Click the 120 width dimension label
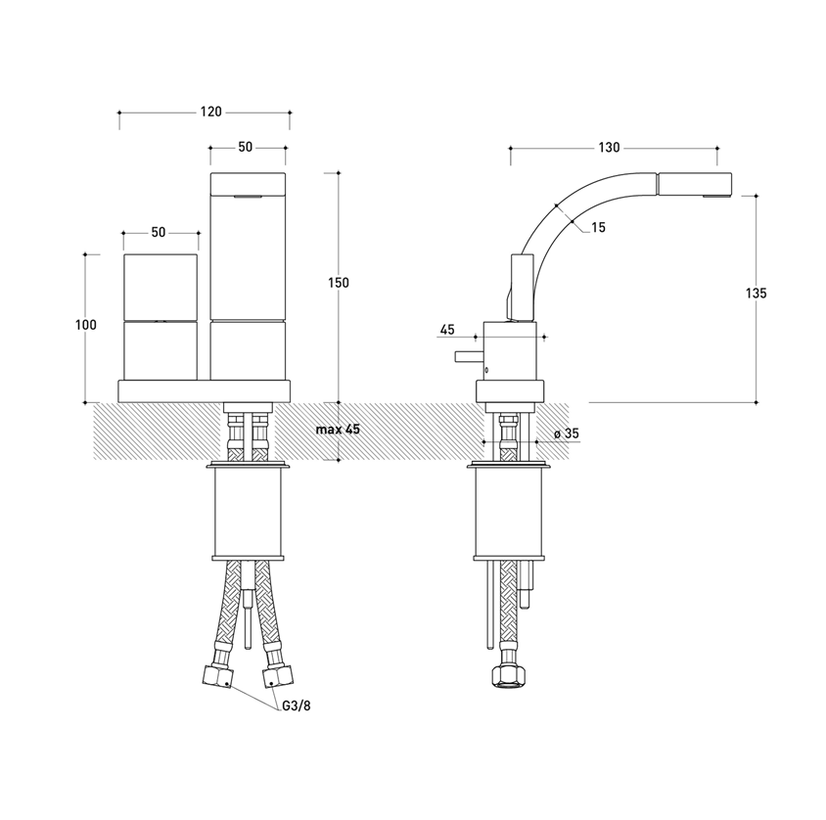click(x=210, y=112)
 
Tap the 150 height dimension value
click(x=339, y=283)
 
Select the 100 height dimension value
click(x=86, y=325)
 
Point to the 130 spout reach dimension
click(x=609, y=148)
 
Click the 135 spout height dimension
click(x=756, y=293)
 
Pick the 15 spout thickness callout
click(x=598, y=228)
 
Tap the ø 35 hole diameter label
click(x=567, y=433)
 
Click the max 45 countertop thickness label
click(x=338, y=430)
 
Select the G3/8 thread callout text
click(x=297, y=706)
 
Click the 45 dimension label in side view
click(x=446, y=330)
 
